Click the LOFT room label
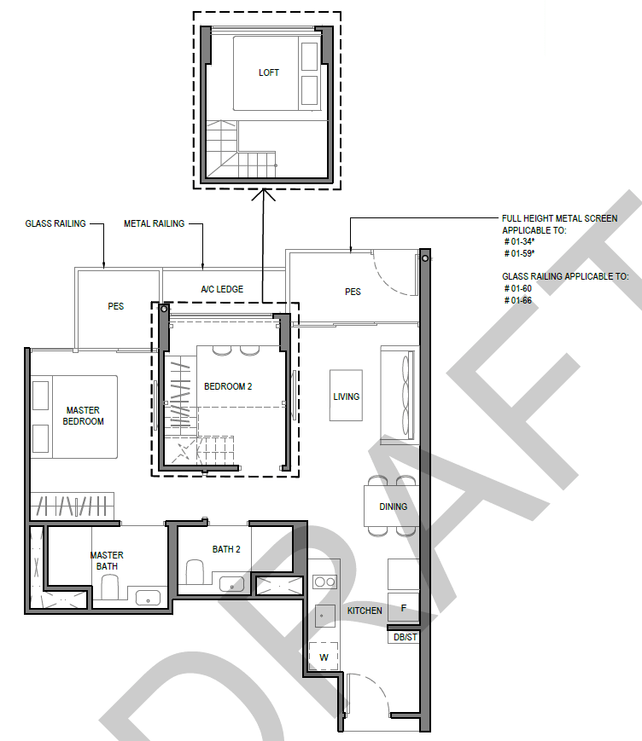tap(269, 72)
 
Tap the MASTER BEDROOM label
tap(84, 416)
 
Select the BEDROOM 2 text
tap(228, 386)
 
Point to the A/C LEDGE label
tap(222, 289)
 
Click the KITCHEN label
tap(365, 611)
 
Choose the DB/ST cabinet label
tap(406, 637)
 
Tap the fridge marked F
tap(403, 607)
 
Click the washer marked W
tap(324, 657)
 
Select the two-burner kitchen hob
tap(325, 582)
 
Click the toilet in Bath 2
tap(195, 572)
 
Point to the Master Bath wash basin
tap(148, 598)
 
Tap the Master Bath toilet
tap(110, 588)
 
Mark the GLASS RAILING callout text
tap(55, 223)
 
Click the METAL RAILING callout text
tap(155, 223)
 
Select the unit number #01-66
tap(518, 300)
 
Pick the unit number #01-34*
tap(519, 241)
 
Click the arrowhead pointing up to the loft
tap(263, 194)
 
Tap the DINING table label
tap(394, 507)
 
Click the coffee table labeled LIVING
tap(347, 396)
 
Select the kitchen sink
tap(325, 616)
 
